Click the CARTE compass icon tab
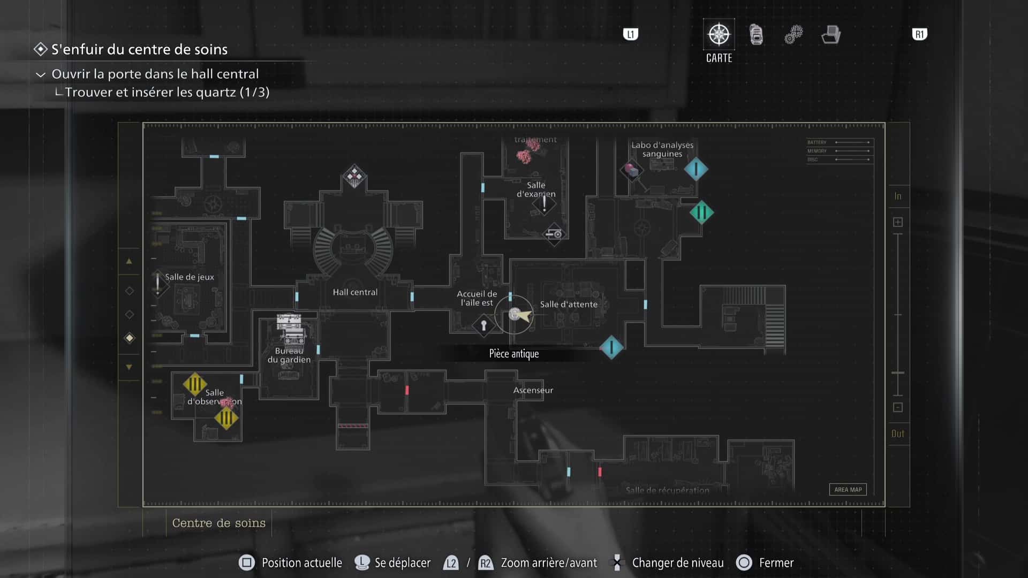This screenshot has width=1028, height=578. click(719, 35)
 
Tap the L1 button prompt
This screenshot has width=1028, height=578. click(631, 35)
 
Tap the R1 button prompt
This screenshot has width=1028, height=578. click(919, 35)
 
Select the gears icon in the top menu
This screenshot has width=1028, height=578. click(793, 35)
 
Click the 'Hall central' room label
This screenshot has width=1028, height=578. click(355, 292)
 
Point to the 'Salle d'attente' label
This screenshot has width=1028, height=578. click(569, 305)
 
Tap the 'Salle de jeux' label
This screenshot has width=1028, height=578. click(190, 277)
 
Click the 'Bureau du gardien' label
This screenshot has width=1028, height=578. click(289, 355)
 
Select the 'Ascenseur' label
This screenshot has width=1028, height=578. click(533, 390)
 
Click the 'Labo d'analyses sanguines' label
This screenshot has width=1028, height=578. click(662, 149)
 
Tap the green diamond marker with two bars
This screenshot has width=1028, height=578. click(701, 212)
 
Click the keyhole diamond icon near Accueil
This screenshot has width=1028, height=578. click(483, 325)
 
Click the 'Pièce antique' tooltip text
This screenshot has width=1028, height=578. click(514, 354)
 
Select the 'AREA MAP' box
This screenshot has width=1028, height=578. click(848, 490)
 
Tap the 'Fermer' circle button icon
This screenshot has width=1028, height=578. click(744, 562)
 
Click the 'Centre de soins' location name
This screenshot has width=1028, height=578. click(218, 523)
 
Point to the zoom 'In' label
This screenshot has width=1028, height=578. click(898, 196)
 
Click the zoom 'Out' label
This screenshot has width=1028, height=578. click(898, 434)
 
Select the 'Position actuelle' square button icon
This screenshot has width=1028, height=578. click(247, 562)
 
